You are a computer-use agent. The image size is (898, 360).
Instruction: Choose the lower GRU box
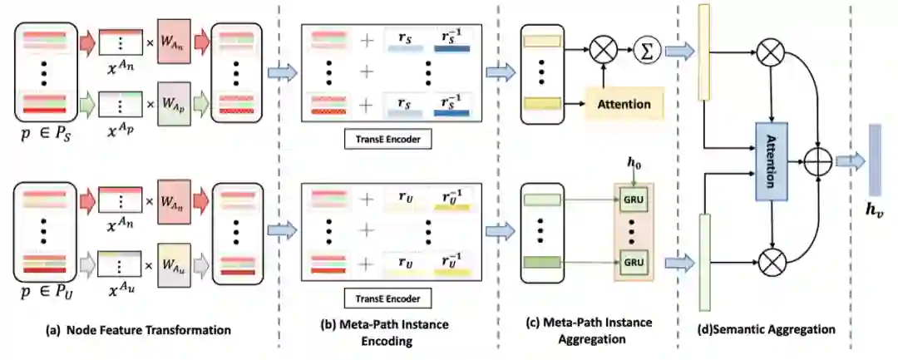635,261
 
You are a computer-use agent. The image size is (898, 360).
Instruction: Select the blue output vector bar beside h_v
874,160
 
